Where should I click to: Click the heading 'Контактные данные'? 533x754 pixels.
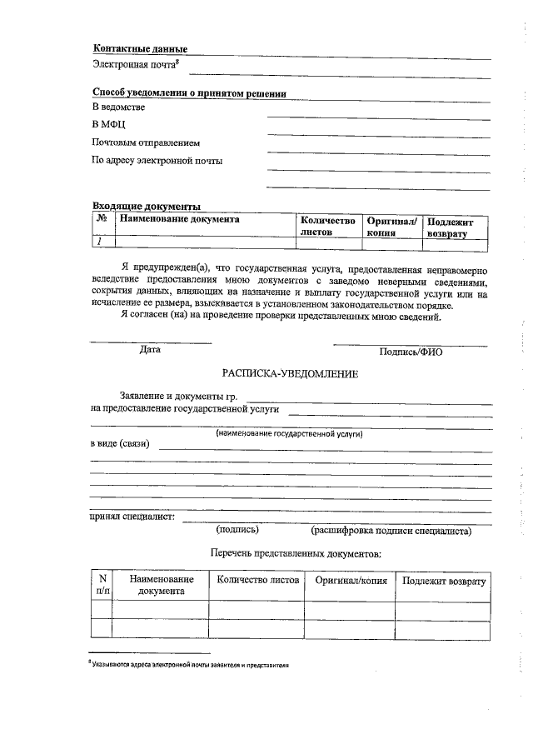tap(139, 49)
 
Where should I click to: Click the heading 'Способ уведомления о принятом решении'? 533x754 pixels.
tap(189, 94)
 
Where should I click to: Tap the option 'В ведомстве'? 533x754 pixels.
tap(118, 108)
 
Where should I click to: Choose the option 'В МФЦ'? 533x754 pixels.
tap(108, 126)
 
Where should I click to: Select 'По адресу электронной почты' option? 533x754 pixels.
tap(157, 161)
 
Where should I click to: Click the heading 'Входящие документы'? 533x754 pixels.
tap(146, 206)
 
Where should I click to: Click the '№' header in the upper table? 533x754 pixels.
tap(102, 220)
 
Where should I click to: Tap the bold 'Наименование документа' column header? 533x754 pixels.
tap(180, 220)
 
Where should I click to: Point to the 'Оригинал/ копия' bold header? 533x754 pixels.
tap(392, 227)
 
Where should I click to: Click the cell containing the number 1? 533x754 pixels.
tap(100, 242)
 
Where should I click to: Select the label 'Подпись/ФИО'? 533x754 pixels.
tap(411, 352)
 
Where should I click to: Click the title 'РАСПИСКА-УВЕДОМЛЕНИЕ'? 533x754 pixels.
tap(290, 375)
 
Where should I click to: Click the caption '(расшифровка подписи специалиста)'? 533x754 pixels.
tap(391, 530)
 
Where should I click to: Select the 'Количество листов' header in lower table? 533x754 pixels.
tap(257, 580)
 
